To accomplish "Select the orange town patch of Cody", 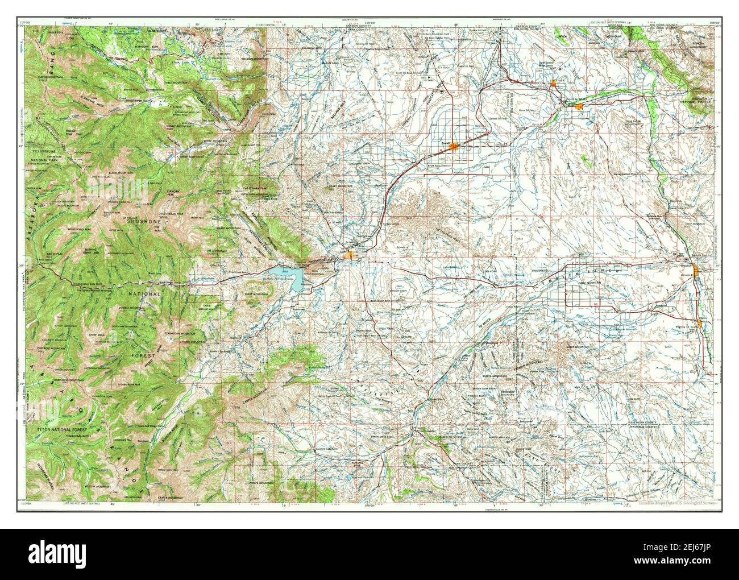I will coord(352,256).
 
